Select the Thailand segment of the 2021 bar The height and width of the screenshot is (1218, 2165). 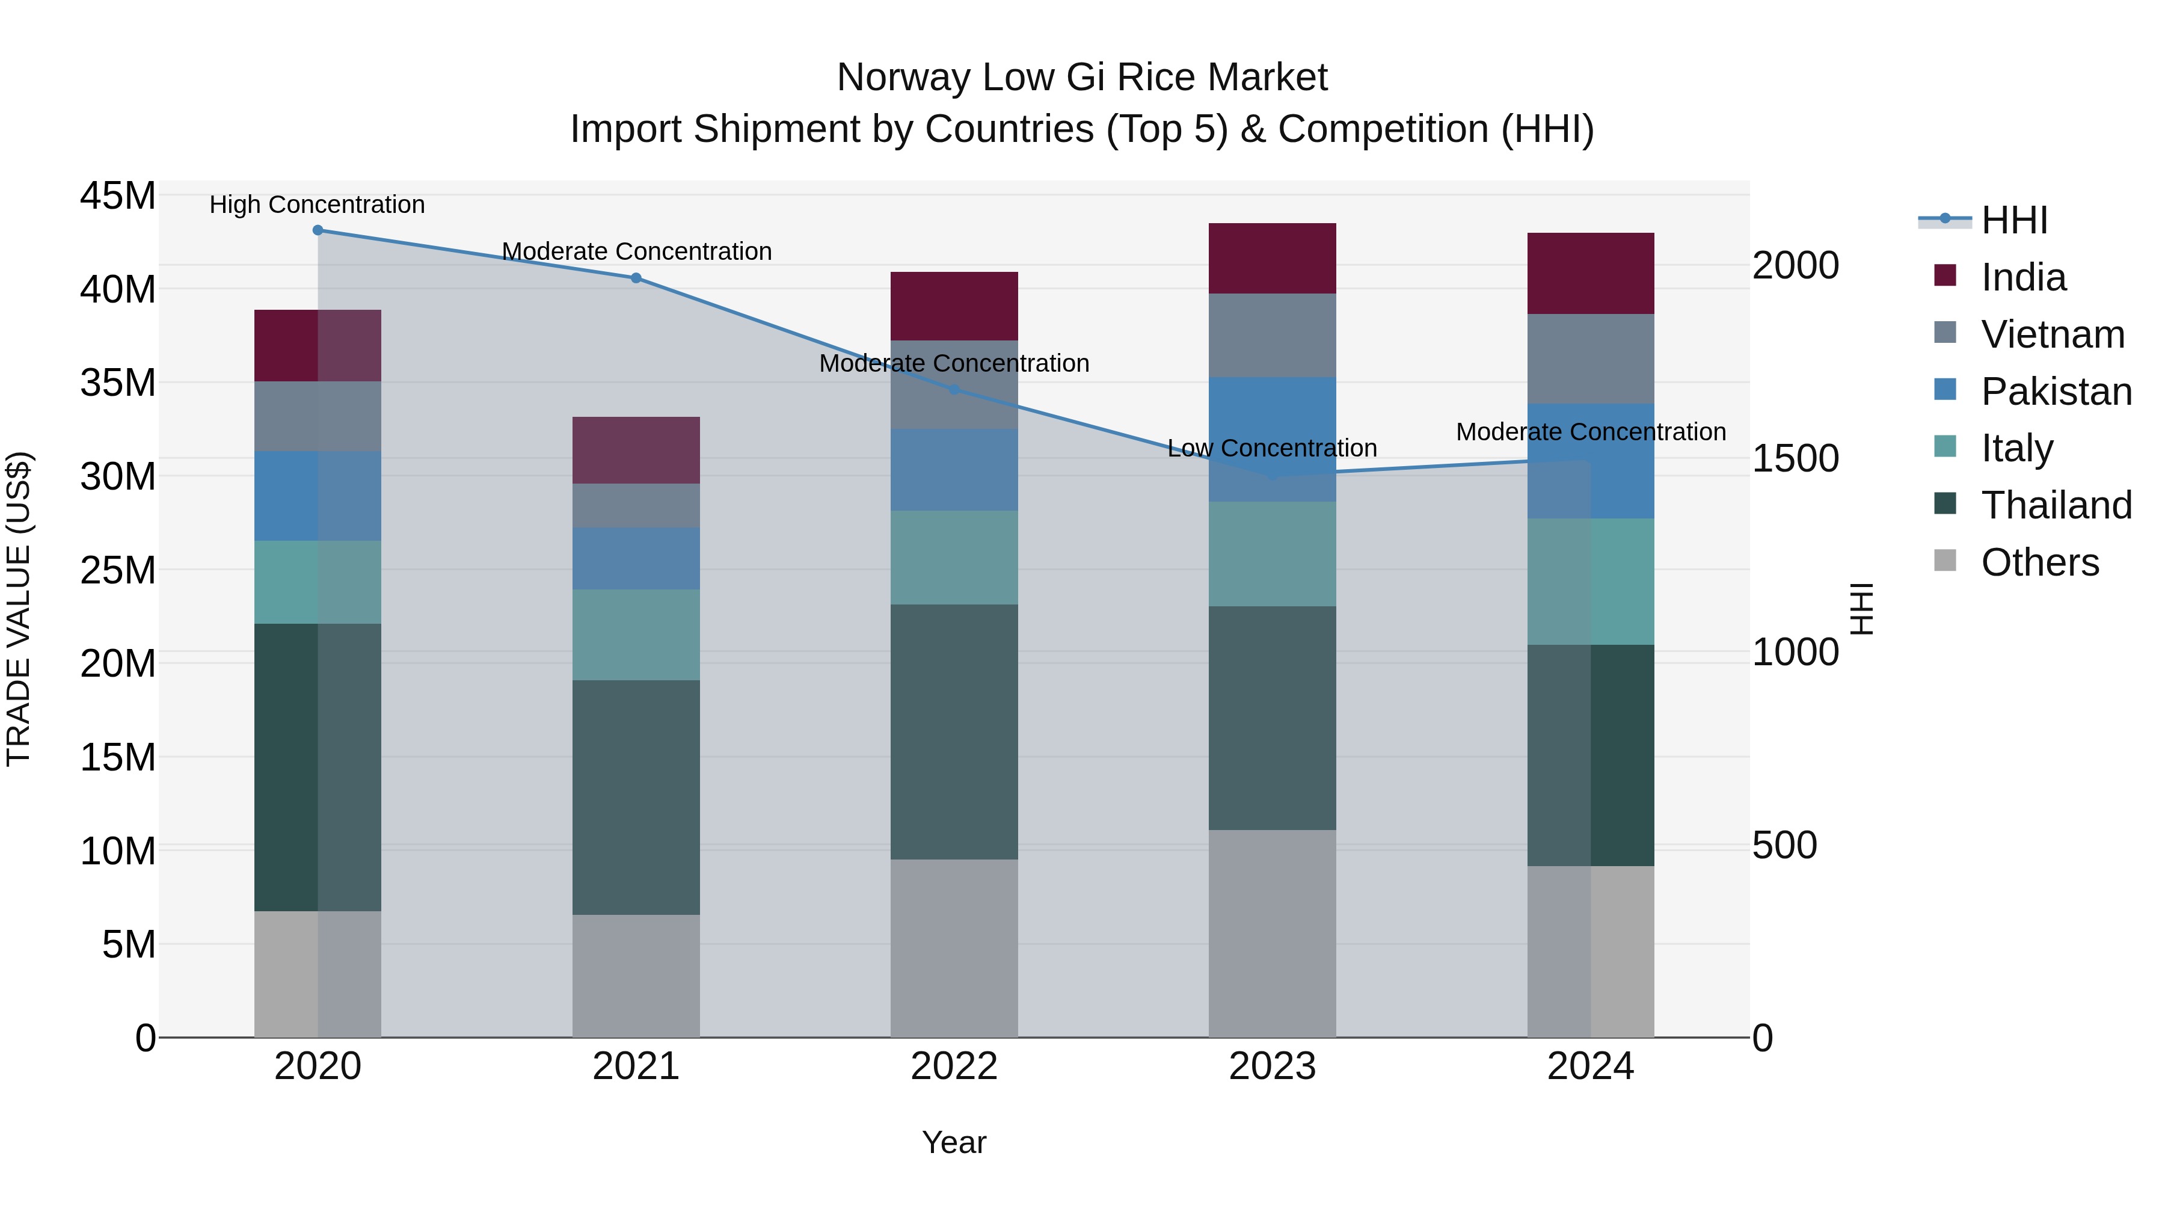[x=636, y=797]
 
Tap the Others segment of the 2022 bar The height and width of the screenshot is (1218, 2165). [x=954, y=947]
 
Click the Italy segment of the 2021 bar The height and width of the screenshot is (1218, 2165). [x=636, y=635]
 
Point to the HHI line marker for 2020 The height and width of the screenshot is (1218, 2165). [x=318, y=230]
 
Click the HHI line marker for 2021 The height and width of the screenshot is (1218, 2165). [x=636, y=278]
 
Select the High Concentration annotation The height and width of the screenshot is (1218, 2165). [x=317, y=205]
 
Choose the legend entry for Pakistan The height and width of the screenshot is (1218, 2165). [x=2055, y=392]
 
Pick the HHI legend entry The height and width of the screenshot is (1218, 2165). [x=2013, y=220]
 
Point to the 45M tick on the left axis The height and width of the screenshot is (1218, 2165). [x=118, y=196]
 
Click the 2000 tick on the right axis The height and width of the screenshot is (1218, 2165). [x=1795, y=266]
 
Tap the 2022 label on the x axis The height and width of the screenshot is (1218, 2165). [x=954, y=1066]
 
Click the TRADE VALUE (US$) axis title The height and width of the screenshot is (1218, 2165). [x=19, y=609]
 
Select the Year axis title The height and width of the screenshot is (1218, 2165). [x=954, y=1142]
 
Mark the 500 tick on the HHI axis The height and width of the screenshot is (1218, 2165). [x=1784, y=845]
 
